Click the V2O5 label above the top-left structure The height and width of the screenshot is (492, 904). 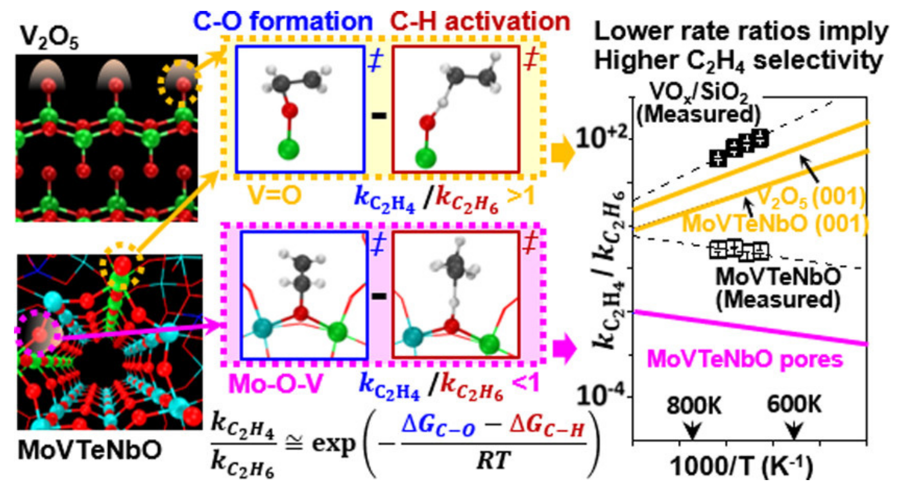point(49,38)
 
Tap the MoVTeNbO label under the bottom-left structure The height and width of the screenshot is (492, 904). point(90,451)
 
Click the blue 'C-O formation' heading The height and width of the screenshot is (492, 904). point(283,21)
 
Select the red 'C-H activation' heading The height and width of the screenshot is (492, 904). point(480,21)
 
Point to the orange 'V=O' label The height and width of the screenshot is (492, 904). point(274,195)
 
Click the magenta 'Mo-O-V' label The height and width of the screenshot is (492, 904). point(276,384)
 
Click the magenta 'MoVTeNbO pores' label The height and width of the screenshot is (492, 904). point(745,359)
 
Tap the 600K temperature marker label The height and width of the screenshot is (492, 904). point(794,405)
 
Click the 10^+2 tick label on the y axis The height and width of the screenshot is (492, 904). point(602,139)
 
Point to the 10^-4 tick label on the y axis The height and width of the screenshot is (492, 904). point(602,396)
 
